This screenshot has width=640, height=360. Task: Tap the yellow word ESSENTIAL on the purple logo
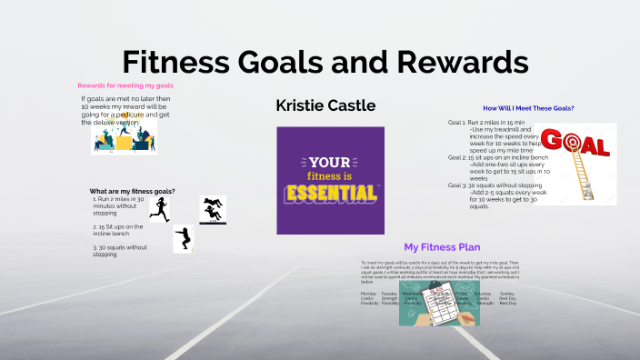tap(331, 192)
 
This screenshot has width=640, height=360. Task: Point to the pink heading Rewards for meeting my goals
tap(125, 85)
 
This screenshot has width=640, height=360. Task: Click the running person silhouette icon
tap(160, 210)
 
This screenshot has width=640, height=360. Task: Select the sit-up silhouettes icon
tap(213, 208)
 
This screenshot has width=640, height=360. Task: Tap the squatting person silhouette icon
tap(185, 239)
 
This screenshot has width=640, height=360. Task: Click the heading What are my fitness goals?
tap(132, 191)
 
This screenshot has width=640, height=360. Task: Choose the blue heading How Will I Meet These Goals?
tap(528, 108)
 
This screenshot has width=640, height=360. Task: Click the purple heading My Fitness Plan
tap(442, 246)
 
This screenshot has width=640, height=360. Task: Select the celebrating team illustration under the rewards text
tap(124, 137)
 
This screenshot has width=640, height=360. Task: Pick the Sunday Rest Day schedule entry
tap(507, 297)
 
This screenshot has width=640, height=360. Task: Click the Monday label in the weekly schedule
tap(368, 294)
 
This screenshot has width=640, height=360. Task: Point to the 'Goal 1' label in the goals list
tap(456, 122)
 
